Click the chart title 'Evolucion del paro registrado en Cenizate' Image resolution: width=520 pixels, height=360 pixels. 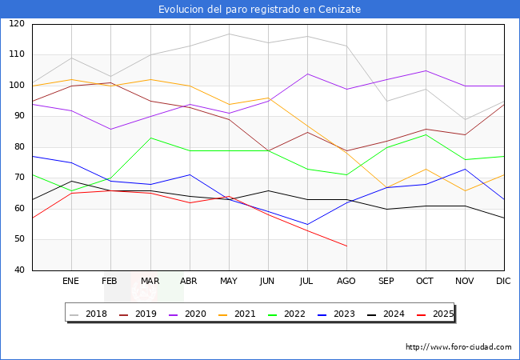click(x=259, y=10)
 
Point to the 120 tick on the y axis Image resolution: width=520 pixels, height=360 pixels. click(x=17, y=24)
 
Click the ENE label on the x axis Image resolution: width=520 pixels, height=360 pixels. click(x=71, y=282)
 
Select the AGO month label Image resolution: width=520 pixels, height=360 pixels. click(x=346, y=282)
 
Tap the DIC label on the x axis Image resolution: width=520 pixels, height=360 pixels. click(x=503, y=282)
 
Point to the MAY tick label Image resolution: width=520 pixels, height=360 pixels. click(x=229, y=282)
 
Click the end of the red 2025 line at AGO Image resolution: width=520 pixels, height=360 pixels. click(x=346, y=246)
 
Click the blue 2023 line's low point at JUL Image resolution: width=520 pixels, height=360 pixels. click(x=307, y=224)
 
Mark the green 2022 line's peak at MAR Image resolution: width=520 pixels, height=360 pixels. click(x=150, y=138)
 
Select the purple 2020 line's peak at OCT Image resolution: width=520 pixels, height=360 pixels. click(x=426, y=70)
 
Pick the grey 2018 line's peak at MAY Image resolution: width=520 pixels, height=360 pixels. click(x=229, y=34)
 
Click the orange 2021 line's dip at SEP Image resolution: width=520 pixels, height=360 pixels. click(x=386, y=187)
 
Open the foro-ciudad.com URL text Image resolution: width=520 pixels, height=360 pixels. click(x=458, y=347)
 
